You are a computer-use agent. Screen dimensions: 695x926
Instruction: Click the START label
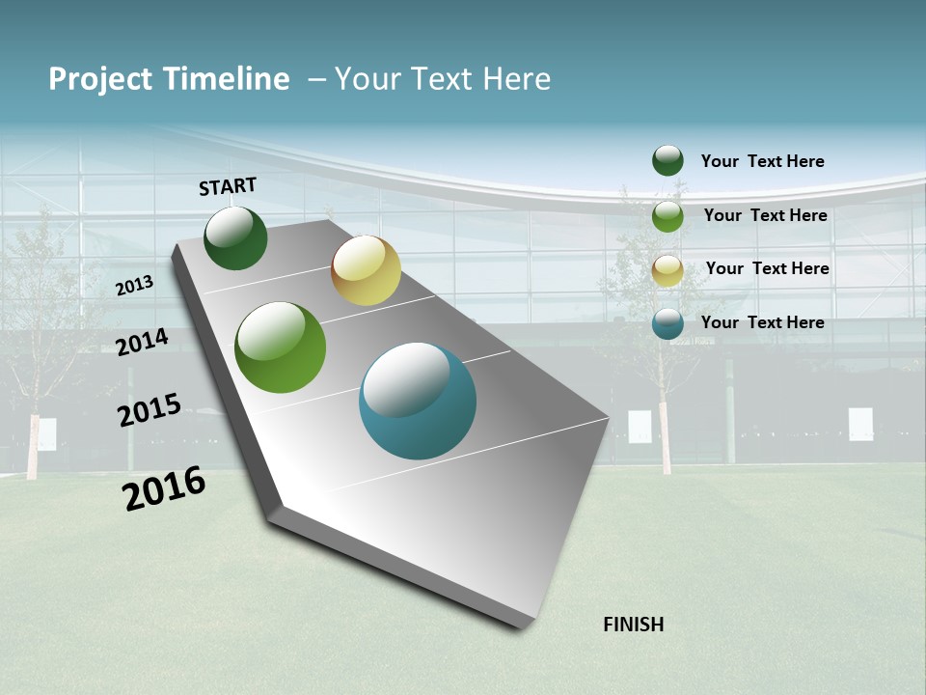228,186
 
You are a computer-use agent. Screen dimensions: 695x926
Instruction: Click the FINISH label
634,625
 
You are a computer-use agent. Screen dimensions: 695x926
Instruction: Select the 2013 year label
135,286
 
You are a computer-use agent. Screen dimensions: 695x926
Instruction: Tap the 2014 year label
143,343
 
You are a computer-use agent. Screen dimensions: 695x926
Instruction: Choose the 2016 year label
164,488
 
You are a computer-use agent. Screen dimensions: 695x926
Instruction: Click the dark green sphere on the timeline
235,238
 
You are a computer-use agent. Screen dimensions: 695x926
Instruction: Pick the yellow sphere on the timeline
366,270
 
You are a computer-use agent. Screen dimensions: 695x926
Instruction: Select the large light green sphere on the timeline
281,347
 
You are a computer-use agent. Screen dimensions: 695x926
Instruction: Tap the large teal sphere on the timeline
418,401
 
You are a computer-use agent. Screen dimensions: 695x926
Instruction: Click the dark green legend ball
667,160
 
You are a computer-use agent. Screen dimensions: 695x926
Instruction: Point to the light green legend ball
667,216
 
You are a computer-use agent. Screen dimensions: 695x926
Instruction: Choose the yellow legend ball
667,270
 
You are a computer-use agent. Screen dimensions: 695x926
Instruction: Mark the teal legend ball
667,323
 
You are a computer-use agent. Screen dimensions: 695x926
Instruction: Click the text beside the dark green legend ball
762,161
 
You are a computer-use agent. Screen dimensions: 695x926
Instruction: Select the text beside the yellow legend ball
767,268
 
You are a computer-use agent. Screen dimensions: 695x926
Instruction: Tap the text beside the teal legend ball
762,322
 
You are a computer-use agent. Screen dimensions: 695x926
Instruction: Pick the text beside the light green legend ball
765,215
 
